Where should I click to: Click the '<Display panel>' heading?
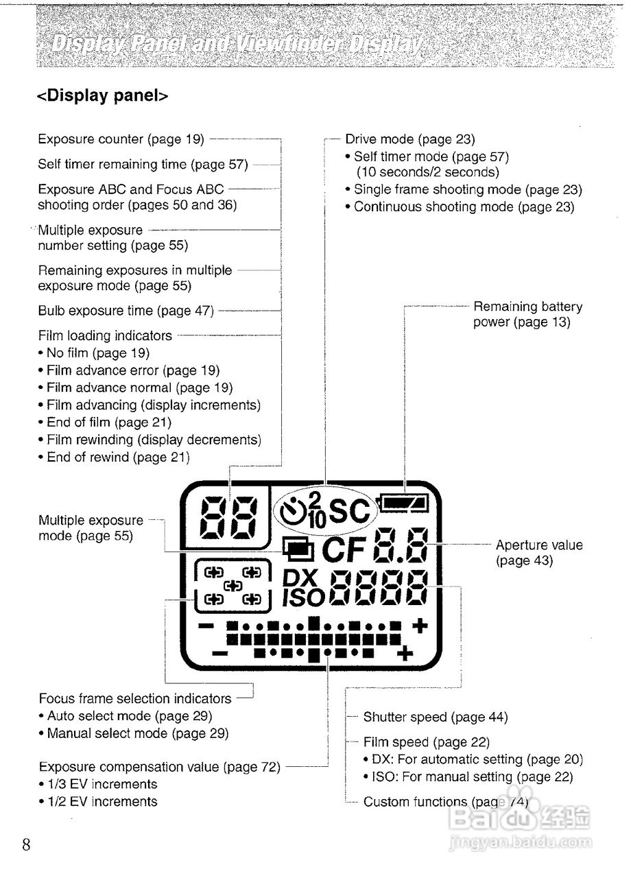pos(102,95)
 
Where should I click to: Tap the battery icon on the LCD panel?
pos(405,504)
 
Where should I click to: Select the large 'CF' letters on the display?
pos(345,550)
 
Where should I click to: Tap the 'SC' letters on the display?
pos(350,511)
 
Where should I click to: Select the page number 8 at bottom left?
pos(26,844)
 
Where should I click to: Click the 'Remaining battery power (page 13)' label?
pos(527,314)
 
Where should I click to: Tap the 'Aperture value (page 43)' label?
pos(538,553)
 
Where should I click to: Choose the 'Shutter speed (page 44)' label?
pos(436,717)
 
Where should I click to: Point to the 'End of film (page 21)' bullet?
pos(109,423)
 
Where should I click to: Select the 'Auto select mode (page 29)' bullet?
pos(130,716)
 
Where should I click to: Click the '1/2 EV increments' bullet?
pos(102,801)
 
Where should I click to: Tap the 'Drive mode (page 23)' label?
pos(410,139)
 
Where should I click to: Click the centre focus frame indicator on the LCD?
pos(233,585)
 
